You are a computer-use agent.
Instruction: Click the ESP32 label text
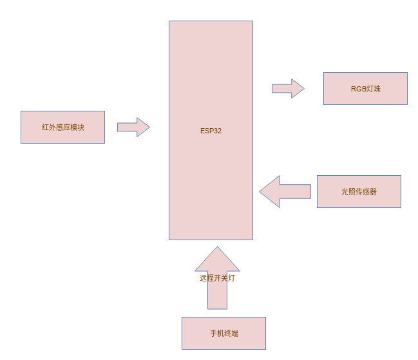[x=211, y=131]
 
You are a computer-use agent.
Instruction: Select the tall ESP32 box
[x=211, y=130]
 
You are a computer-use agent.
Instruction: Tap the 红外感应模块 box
[x=62, y=127]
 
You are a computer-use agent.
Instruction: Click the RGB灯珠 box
[x=365, y=88]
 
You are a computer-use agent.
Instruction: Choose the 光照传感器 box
[x=359, y=191]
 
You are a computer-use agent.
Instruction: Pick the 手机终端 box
[x=223, y=333]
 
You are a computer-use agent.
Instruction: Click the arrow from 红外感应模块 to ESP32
[x=133, y=127]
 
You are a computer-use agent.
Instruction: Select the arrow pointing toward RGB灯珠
[x=288, y=88]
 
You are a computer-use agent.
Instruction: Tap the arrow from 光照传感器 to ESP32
[x=285, y=191]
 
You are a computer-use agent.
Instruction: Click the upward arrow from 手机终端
[x=217, y=278]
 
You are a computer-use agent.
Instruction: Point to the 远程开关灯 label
[x=217, y=278]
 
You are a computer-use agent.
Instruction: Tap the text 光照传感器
[x=359, y=191]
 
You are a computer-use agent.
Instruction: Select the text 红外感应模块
[x=63, y=127]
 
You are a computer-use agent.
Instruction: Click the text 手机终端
[x=224, y=334]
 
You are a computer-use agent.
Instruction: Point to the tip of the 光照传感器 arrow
[x=260, y=191]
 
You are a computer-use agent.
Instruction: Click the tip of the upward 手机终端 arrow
[x=217, y=247]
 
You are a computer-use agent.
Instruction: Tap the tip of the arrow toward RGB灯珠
[x=304, y=88]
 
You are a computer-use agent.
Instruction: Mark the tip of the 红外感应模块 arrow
[x=149, y=127]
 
